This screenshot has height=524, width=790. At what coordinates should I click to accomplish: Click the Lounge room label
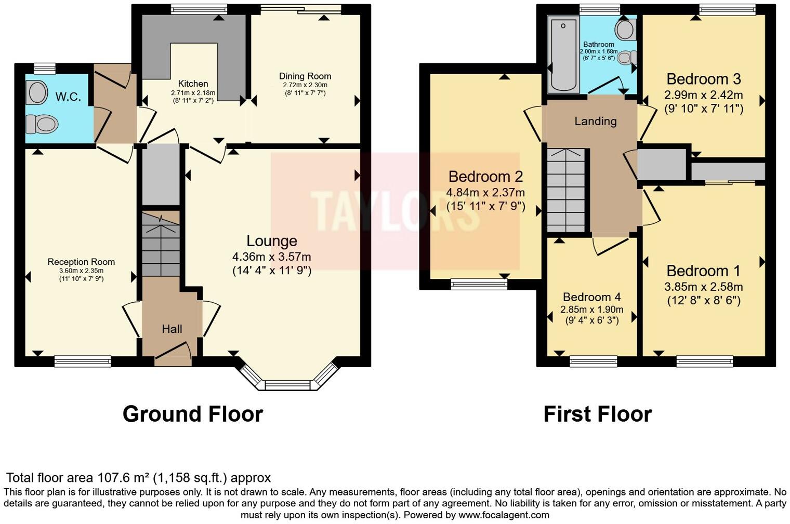(x=271, y=241)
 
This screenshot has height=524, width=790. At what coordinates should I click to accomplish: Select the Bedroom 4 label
(x=591, y=297)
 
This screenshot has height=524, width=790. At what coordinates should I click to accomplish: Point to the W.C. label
(x=68, y=97)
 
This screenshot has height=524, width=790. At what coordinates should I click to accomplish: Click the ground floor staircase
(x=161, y=244)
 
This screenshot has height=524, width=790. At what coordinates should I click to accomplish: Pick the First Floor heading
(x=597, y=414)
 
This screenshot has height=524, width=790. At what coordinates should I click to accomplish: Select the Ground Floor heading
(x=193, y=414)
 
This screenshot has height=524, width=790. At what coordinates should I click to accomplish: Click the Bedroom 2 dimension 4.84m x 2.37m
(x=485, y=193)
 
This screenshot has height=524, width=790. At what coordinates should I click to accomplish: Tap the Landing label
(x=595, y=122)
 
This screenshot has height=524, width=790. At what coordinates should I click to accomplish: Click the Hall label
(x=172, y=329)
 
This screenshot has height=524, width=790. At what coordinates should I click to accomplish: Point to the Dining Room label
(x=305, y=76)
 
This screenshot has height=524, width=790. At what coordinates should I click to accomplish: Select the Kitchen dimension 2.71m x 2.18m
(x=193, y=92)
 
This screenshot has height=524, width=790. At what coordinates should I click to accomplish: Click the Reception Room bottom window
(x=83, y=360)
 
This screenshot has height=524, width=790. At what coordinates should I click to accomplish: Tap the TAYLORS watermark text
(x=395, y=211)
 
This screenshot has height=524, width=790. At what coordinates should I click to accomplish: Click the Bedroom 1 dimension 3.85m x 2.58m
(x=703, y=287)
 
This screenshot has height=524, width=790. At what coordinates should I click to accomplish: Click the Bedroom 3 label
(x=703, y=79)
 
